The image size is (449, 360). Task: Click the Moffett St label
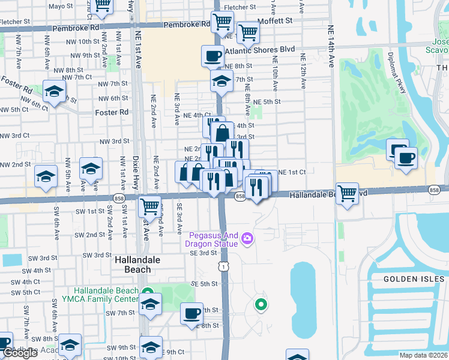pos(276,20)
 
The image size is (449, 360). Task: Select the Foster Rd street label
pos(112,112)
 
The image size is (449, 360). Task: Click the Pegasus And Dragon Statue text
pos(214,240)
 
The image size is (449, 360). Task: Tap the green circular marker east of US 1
pos(261,305)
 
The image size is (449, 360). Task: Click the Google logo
pos(19,353)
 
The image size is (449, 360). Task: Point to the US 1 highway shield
pos(223,266)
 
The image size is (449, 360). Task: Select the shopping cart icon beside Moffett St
pos(247,32)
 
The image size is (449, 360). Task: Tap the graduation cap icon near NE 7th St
pos(221,80)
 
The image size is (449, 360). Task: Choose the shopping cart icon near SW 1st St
pos(149,207)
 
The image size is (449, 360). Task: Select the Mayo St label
pos(60,7)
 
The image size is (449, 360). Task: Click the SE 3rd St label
pos(202,253)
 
